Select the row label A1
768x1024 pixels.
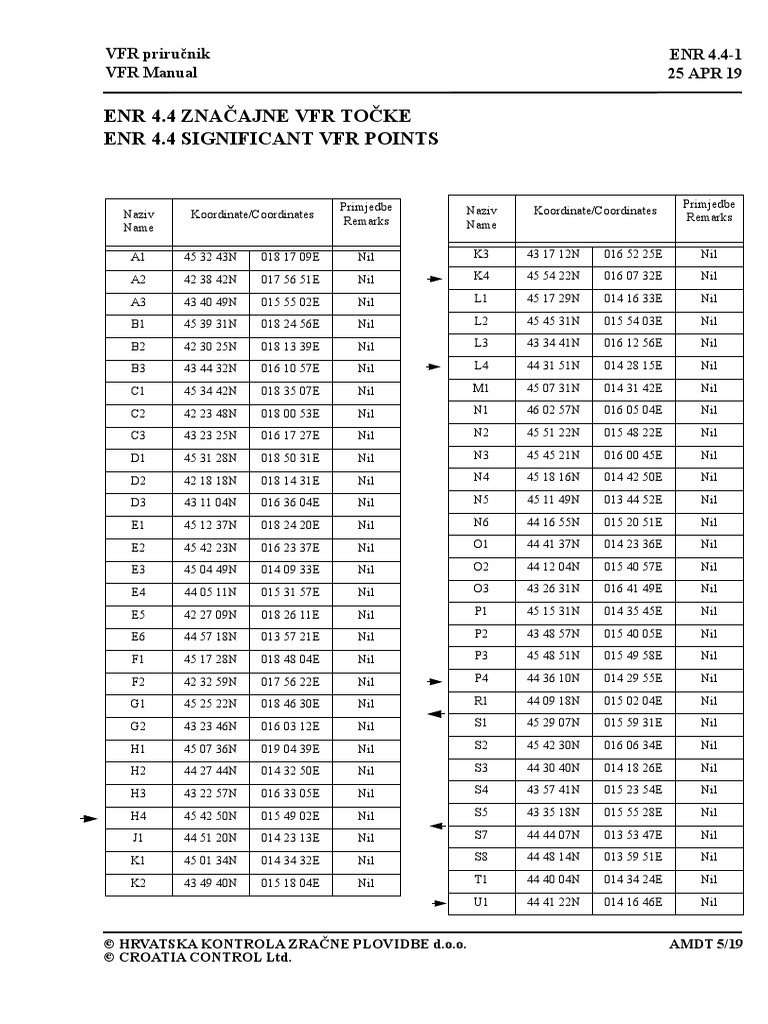coord(138,257)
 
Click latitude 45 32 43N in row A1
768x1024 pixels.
coord(209,257)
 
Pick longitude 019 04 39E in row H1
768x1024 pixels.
coord(290,748)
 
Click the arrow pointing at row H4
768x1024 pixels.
coord(90,818)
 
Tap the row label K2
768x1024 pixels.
coord(138,882)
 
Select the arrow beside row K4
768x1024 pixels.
coord(434,280)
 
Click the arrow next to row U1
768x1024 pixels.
coord(438,903)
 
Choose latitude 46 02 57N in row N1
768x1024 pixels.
coord(552,410)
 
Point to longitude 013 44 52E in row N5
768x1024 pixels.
coord(633,499)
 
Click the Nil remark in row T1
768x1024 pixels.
coord(709,879)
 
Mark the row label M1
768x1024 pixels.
coord(481,388)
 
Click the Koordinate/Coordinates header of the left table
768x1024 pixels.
coord(252,214)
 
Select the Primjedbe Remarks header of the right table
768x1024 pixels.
coord(708,210)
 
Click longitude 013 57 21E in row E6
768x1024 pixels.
coord(290,636)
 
